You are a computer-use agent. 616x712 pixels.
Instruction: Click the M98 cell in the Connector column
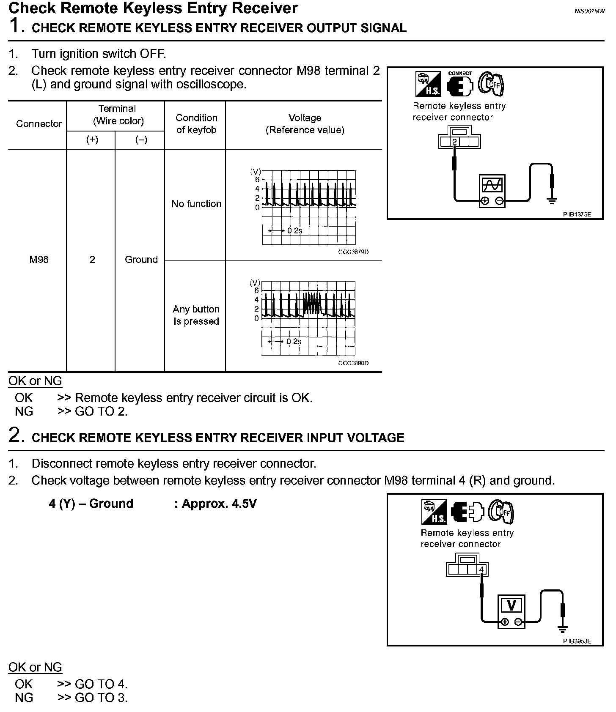[x=39, y=260]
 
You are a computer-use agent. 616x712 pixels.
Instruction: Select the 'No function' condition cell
[x=196, y=204]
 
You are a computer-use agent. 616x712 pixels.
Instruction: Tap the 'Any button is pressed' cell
[x=196, y=315]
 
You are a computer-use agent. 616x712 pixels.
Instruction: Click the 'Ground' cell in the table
[x=141, y=260]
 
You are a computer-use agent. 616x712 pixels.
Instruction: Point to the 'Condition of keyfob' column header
[x=196, y=124]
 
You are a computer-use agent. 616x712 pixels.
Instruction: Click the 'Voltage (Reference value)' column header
[x=305, y=124]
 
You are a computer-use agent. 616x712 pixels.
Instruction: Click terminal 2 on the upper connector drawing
[x=454, y=142]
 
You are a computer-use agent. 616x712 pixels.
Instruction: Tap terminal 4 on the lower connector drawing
[x=481, y=570]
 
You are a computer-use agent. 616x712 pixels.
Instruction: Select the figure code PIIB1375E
[x=577, y=215]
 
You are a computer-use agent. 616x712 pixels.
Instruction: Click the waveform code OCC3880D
[x=353, y=363]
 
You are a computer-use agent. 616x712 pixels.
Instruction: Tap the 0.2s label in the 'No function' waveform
[x=294, y=231]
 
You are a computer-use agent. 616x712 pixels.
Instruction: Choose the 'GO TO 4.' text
[x=101, y=684]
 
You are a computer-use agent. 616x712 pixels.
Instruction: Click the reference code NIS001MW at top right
[x=589, y=11]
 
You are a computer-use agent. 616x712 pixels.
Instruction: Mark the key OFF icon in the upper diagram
[x=491, y=84]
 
